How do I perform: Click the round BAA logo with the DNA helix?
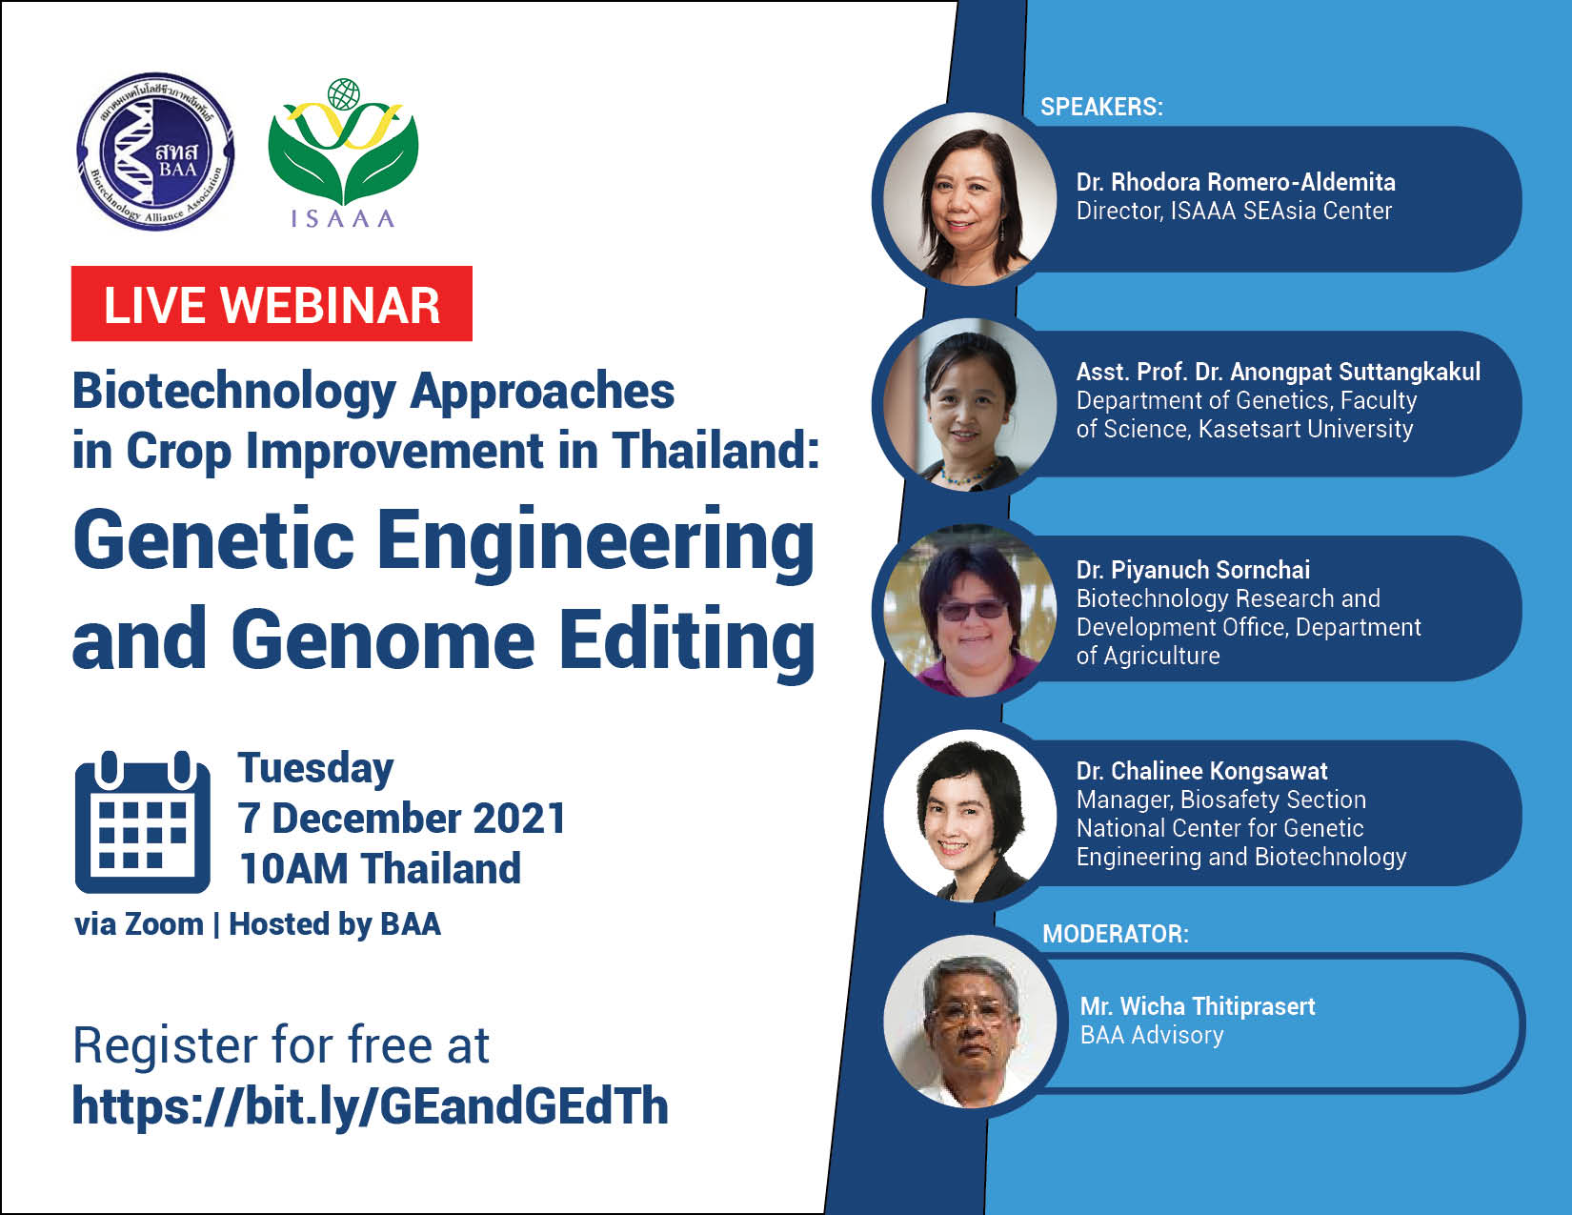click(x=155, y=152)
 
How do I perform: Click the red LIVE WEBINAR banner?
click(x=272, y=304)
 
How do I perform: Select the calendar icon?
click(x=143, y=822)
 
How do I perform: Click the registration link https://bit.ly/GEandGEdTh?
click(x=371, y=1105)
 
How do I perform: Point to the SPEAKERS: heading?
click(x=1101, y=107)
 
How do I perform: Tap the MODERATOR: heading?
click(x=1116, y=934)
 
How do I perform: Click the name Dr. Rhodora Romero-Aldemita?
click(x=1236, y=182)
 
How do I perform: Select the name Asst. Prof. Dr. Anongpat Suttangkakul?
click(x=1279, y=372)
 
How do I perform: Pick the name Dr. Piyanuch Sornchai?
click(x=1193, y=570)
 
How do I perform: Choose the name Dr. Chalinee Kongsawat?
click(x=1201, y=771)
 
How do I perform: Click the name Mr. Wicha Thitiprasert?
click(x=1198, y=1006)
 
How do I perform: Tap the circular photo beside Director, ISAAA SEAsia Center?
click(x=969, y=198)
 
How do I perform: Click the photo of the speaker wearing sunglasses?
click(x=969, y=609)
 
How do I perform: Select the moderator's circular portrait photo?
click(x=969, y=1021)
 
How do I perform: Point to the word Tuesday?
click(x=316, y=768)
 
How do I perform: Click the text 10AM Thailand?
click(x=380, y=868)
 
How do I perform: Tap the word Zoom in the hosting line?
click(x=164, y=924)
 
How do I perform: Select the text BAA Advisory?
click(x=1152, y=1035)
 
